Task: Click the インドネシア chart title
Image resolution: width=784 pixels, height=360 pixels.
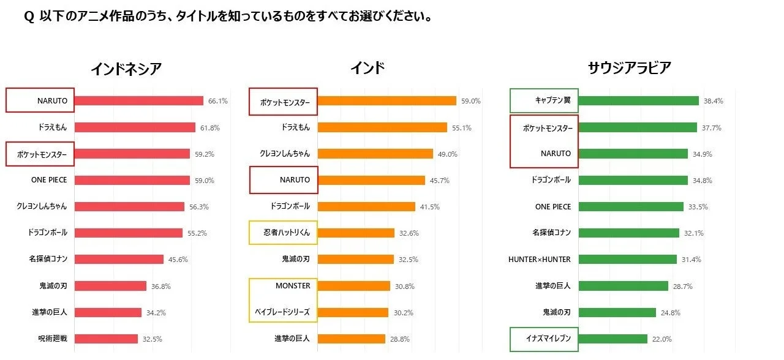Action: tap(126, 69)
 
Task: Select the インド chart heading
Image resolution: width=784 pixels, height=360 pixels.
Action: tap(367, 68)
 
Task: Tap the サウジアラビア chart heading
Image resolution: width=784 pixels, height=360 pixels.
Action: tap(629, 68)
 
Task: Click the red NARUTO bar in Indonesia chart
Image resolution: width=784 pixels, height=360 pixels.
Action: tap(138, 101)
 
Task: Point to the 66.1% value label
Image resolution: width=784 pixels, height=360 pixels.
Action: tap(217, 101)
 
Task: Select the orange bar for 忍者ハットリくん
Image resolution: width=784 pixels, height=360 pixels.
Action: tap(356, 233)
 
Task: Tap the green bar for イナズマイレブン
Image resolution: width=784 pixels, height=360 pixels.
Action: tap(612, 339)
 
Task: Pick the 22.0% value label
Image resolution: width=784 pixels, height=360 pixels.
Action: tap(662, 339)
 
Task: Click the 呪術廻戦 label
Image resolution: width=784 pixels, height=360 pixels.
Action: tap(53, 339)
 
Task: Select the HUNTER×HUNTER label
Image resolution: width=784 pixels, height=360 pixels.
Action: tap(539, 260)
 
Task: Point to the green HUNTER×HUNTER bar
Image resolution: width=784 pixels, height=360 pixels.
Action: tap(627, 260)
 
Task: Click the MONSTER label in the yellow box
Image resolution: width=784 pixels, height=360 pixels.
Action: tap(293, 286)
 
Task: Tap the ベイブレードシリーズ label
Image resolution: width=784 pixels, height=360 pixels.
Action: tap(282, 312)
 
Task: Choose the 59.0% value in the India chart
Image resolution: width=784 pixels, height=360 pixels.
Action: tap(470, 101)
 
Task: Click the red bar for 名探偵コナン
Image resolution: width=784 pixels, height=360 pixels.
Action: tap(119, 260)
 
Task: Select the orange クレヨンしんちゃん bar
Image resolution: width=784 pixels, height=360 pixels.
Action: tap(375, 154)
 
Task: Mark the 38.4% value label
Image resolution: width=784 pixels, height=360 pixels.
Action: tap(713, 101)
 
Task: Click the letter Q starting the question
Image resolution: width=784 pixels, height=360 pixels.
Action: tap(29, 17)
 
